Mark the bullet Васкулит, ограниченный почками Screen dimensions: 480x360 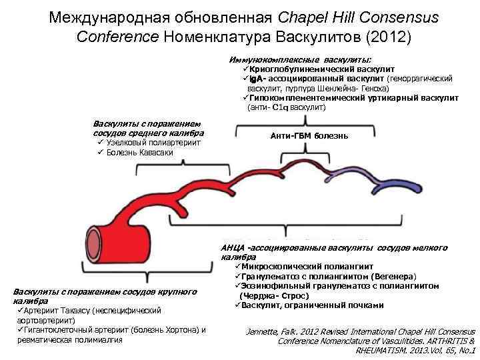click(311, 305)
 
